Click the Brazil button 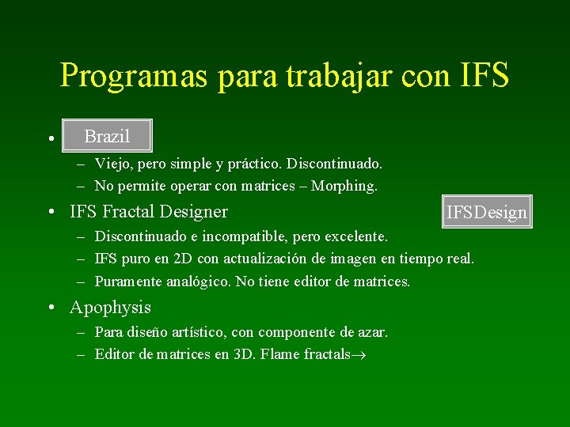pyautogui.click(x=107, y=136)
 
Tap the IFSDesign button pyautogui.click(x=487, y=212)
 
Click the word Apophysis pyautogui.click(x=110, y=307)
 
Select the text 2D pyautogui.click(x=184, y=259)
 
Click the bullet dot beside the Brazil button pyautogui.click(x=50, y=138)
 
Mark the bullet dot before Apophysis pyautogui.click(x=50, y=308)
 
